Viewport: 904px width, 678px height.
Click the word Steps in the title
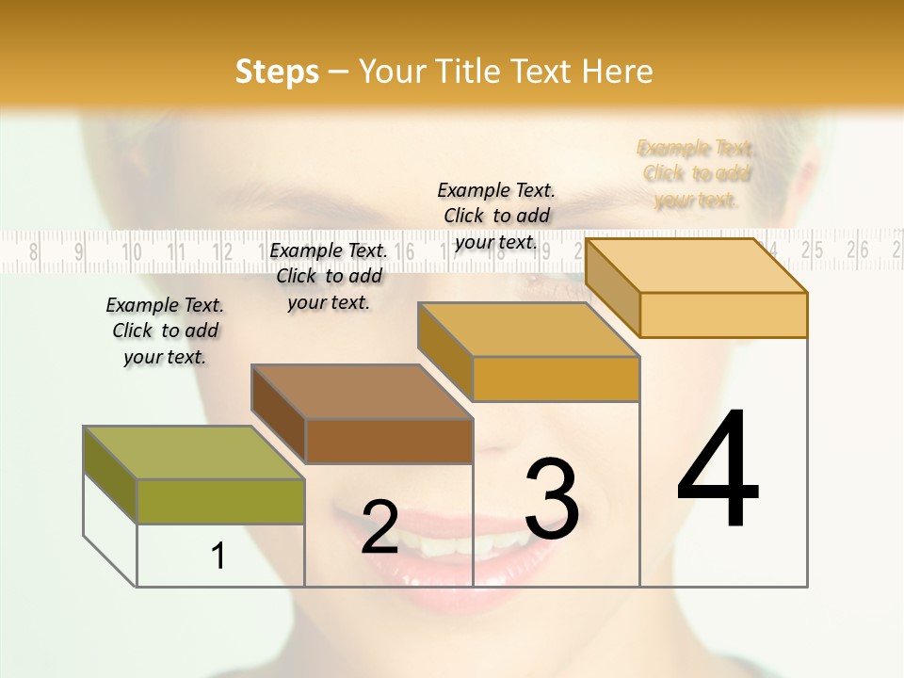277,72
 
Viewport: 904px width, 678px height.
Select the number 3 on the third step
552,498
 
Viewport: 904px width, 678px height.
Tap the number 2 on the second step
380,527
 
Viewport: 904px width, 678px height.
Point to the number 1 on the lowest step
218,556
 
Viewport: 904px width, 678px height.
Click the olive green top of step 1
194,452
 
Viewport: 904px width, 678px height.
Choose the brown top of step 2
362,391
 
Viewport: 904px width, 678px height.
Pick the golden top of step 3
528,330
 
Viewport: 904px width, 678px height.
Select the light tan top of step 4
696,266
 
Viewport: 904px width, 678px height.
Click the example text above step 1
165,331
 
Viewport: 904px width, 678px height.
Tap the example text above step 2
329,276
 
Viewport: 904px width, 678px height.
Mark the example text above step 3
496,216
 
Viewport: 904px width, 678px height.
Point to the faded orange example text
696,173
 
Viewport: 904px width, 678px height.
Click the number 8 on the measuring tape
35,251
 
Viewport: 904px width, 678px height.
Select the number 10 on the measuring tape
131,251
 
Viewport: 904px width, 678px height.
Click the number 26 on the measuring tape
857,250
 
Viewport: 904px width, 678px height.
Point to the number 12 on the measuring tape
222,251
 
